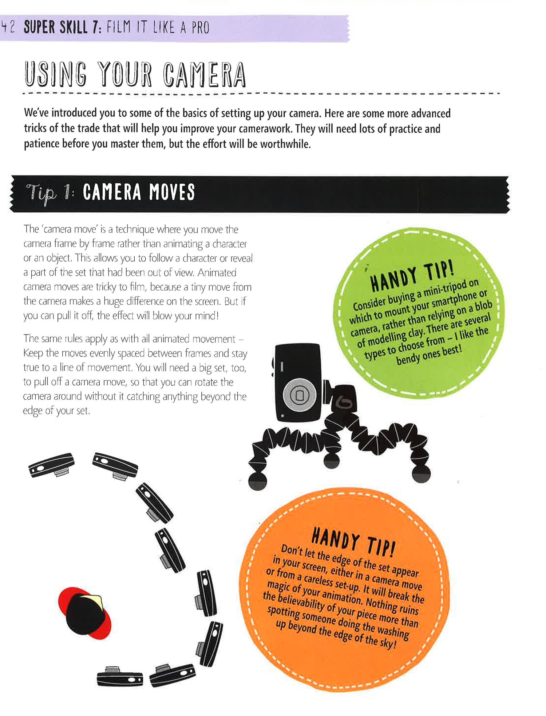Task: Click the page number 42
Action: click(8, 27)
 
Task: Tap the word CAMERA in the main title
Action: click(205, 75)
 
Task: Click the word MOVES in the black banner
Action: click(172, 192)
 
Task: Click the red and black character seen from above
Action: click(84, 613)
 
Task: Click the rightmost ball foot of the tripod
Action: click(421, 474)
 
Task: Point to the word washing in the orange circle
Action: click(393, 631)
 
